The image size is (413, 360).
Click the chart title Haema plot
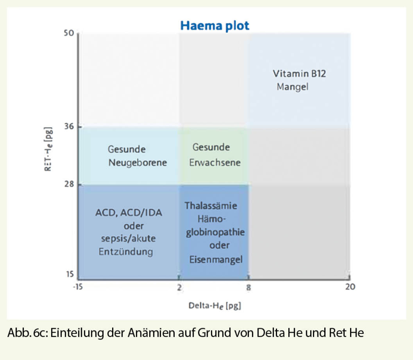point(215,25)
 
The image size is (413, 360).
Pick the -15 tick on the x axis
point(77,287)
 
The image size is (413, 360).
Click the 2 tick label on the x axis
point(179,287)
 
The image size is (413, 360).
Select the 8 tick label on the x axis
point(248,287)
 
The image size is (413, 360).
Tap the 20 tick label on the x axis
point(350,287)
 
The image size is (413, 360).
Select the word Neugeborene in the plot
point(138,162)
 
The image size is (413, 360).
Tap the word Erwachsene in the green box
point(215,162)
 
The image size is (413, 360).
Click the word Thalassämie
point(211,206)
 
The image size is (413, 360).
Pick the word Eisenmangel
point(216,260)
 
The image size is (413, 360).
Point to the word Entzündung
point(126,252)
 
